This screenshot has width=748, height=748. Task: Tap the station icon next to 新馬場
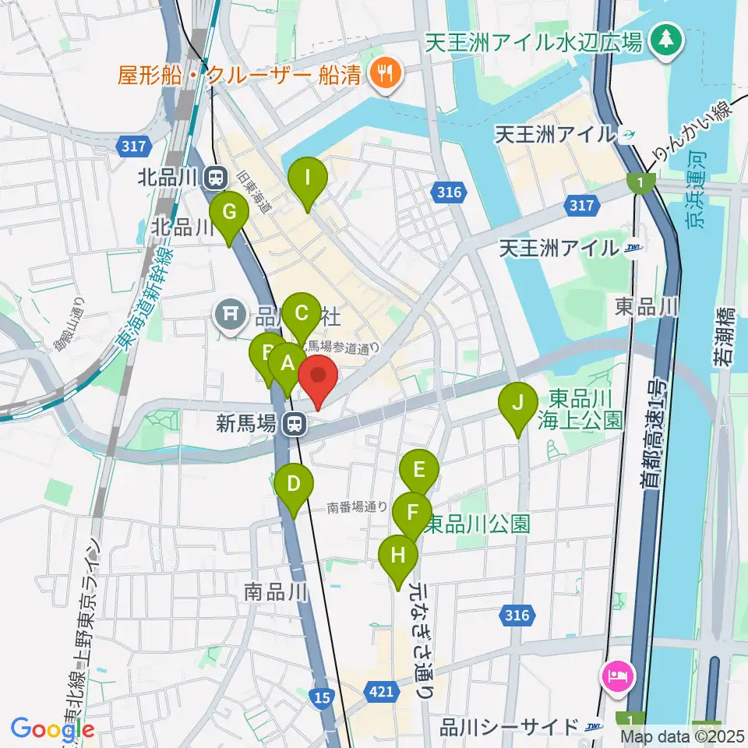(x=294, y=424)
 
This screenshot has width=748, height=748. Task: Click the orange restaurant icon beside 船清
(x=384, y=75)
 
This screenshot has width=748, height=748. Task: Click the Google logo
(x=52, y=728)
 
